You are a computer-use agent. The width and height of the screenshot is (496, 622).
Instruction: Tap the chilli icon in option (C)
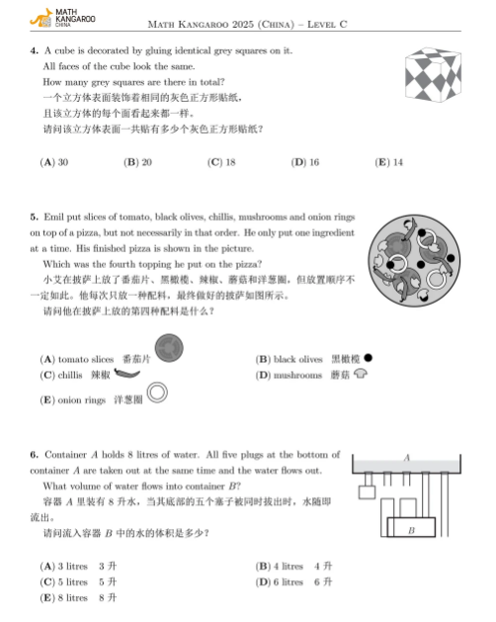(127, 375)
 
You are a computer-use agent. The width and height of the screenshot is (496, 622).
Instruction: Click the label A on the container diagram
(406, 458)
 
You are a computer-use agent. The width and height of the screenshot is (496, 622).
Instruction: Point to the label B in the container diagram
(410, 531)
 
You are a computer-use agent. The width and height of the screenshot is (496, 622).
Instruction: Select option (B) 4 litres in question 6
(281, 567)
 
